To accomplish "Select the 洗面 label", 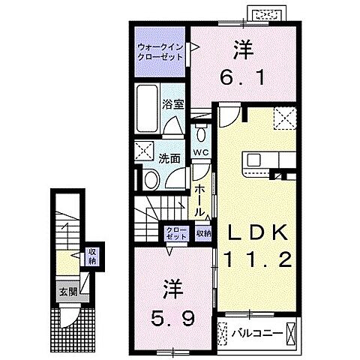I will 169,158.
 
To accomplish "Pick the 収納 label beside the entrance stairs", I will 91,257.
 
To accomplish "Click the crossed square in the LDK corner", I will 285,118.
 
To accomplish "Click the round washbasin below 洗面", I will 150,179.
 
